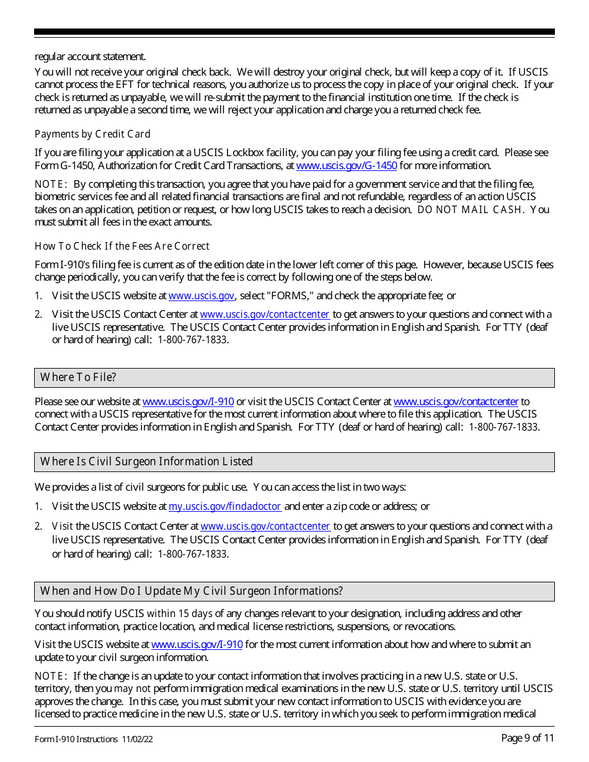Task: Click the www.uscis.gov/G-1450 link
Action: [x=347, y=165]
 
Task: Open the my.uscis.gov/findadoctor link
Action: [x=225, y=506]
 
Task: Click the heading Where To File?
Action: [x=78, y=377]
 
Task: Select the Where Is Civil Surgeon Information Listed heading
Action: [x=146, y=462]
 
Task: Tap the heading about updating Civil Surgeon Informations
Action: [x=191, y=591]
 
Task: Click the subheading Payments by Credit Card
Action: [x=92, y=134]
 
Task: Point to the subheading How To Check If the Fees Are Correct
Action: [x=122, y=246]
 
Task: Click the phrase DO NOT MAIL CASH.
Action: [x=471, y=209]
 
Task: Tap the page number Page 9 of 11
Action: [x=528, y=738]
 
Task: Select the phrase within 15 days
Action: [x=180, y=613]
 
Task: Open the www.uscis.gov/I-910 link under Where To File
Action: [x=188, y=401]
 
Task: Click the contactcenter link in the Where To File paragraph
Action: [x=456, y=401]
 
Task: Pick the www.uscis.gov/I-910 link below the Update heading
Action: [x=197, y=644]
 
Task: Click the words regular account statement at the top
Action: [x=90, y=56]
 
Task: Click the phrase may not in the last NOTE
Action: [x=132, y=688]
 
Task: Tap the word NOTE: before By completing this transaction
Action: [x=51, y=184]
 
